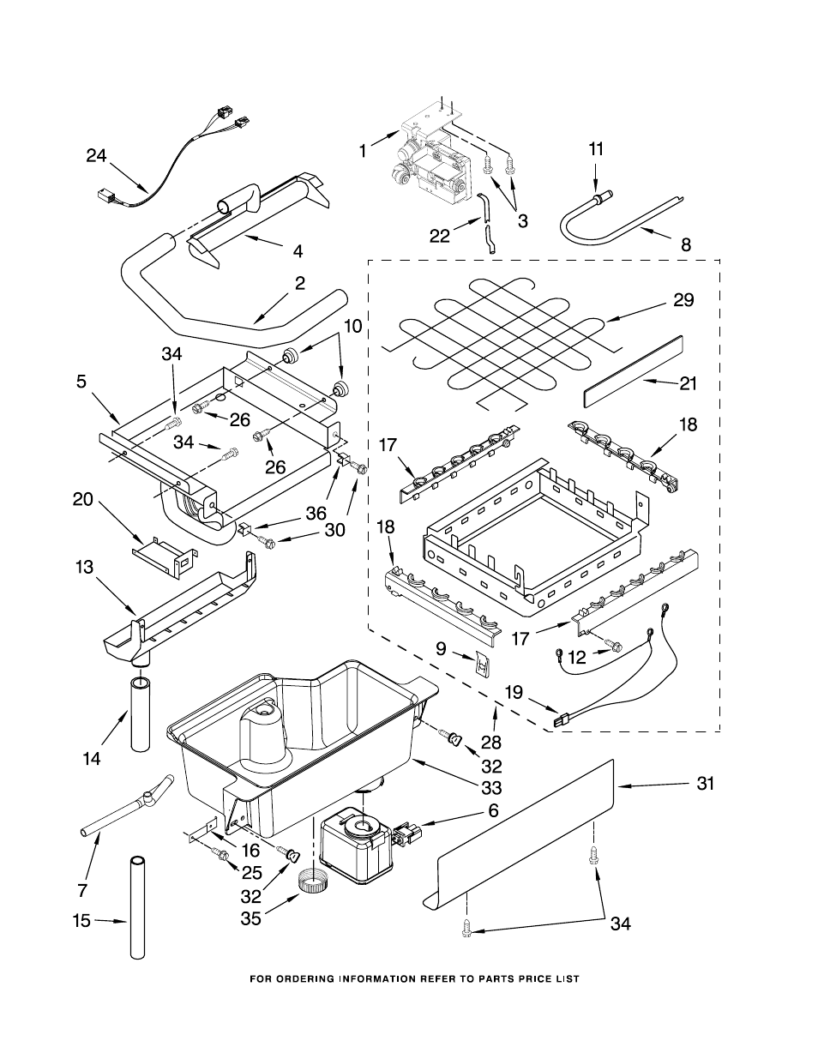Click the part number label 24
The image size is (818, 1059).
(x=96, y=155)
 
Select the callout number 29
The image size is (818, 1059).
(x=683, y=300)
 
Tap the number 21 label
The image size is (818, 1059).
(x=688, y=384)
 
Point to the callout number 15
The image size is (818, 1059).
(x=81, y=921)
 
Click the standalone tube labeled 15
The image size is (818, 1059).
(x=138, y=906)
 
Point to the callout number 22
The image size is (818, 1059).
(x=439, y=236)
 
